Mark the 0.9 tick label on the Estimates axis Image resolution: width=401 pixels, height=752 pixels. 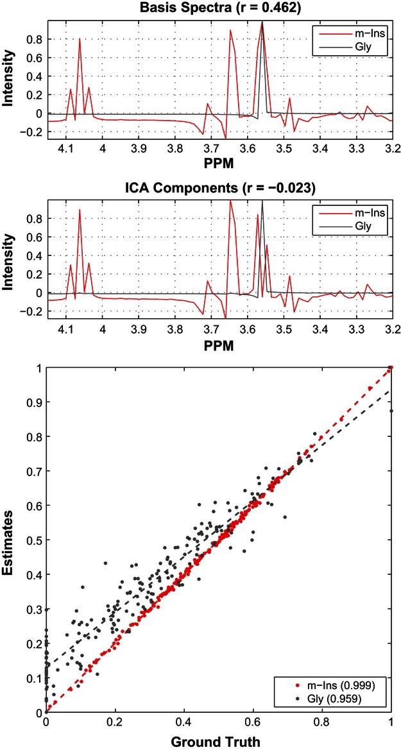[x=33, y=402]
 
